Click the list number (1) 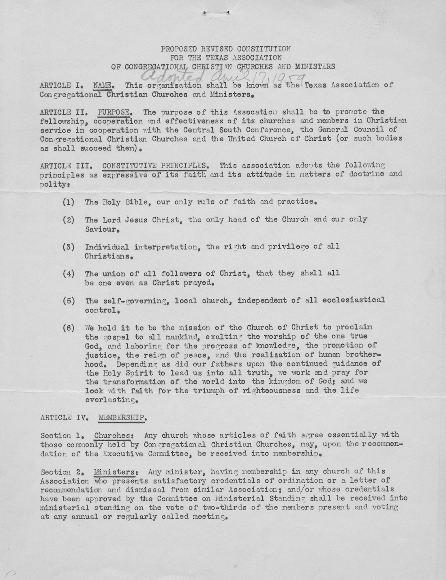click(69, 202)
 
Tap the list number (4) click(69, 273)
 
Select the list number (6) click(69, 327)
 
